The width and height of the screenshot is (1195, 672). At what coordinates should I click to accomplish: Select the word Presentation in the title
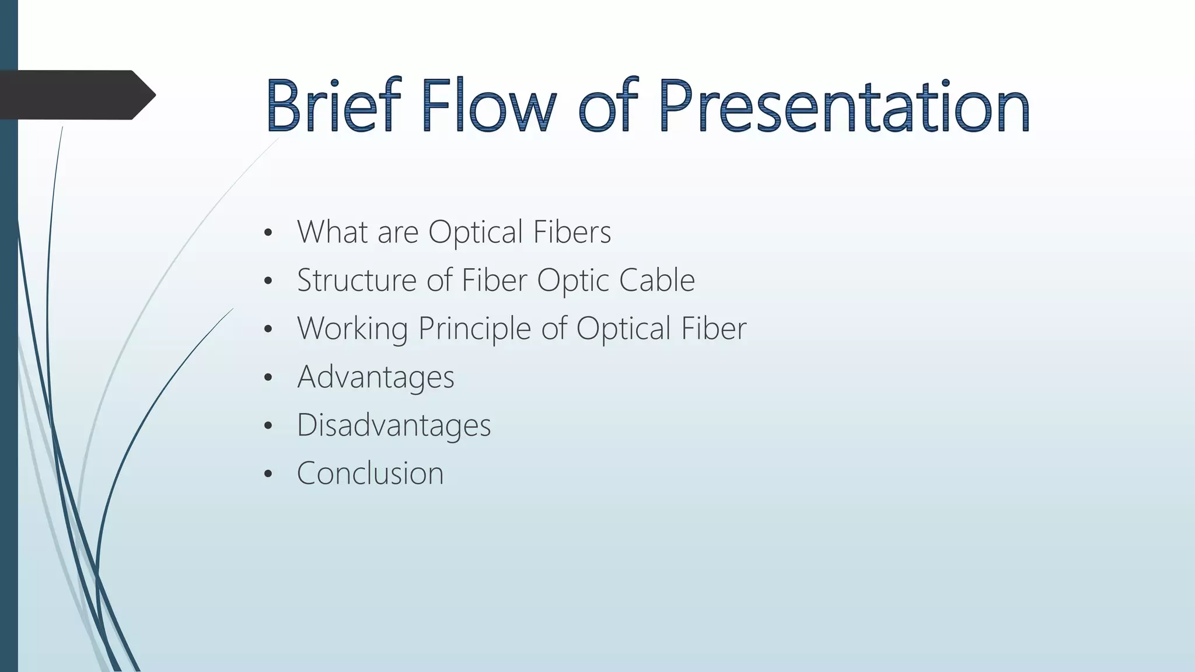(844, 106)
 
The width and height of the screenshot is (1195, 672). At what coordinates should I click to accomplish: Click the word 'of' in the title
(607, 106)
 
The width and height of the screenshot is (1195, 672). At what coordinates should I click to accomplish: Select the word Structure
(357, 280)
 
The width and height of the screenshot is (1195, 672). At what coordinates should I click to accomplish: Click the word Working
(352, 328)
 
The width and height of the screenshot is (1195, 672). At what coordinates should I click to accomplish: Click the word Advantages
(376, 377)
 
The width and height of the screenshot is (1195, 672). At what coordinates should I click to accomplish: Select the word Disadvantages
(394, 425)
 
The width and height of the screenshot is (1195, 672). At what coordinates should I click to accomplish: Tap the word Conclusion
(370, 473)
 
